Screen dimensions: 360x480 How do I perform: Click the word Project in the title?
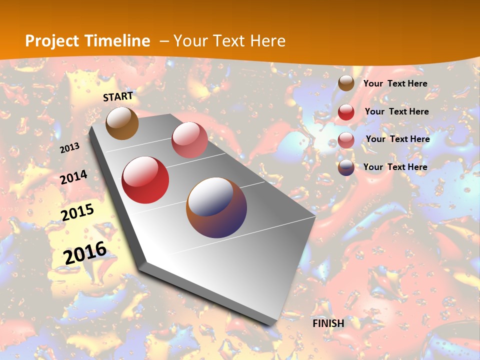pos(51,41)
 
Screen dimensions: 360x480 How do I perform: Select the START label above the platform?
pos(118,96)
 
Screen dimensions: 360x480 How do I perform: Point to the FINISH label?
pos(328,323)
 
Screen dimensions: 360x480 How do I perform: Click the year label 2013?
pos(69,148)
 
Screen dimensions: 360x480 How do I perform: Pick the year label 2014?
pos(74,177)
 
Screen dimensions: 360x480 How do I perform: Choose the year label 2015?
pos(77,212)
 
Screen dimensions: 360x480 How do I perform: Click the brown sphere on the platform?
pos(122,123)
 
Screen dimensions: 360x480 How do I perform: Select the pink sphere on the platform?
pos(189,140)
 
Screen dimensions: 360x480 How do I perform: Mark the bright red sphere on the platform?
pos(145,180)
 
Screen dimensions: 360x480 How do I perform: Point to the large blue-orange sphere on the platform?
pos(216,207)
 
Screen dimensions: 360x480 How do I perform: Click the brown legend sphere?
pos(346,83)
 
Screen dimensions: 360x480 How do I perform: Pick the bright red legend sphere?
pos(346,112)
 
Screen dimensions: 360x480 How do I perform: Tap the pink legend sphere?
pos(346,140)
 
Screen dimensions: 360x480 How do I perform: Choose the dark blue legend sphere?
pos(346,168)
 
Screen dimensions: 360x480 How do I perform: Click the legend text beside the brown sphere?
pos(395,83)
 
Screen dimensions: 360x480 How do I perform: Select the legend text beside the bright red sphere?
pos(397,111)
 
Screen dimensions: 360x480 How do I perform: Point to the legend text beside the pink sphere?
pos(398,139)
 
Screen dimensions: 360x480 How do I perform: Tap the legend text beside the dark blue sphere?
pos(395,167)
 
